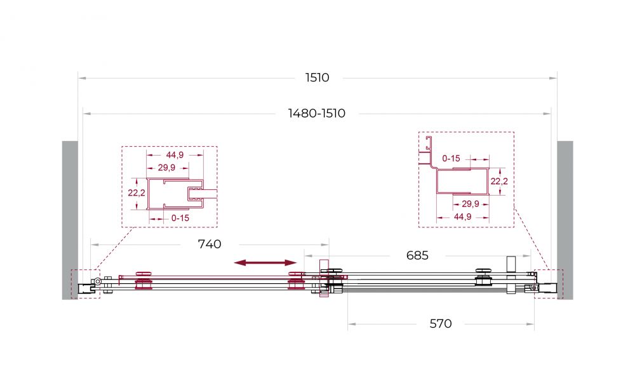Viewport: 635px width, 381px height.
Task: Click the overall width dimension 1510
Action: pyautogui.click(x=317, y=77)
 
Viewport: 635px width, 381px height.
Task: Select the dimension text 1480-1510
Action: pyautogui.click(x=317, y=114)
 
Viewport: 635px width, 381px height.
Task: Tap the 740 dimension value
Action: pyautogui.click(x=210, y=244)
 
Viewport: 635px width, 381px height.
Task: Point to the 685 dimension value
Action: pyautogui.click(x=417, y=255)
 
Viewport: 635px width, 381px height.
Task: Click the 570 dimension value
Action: pyautogui.click(x=441, y=323)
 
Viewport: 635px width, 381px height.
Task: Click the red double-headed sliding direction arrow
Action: pyautogui.click(x=265, y=263)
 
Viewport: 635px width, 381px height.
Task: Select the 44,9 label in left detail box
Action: pyautogui.click(x=175, y=155)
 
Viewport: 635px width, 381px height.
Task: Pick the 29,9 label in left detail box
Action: pyautogui.click(x=166, y=167)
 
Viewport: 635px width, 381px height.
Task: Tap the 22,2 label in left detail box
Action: pyautogui.click(x=137, y=193)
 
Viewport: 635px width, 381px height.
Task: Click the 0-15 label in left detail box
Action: pyautogui.click(x=180, y=218)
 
